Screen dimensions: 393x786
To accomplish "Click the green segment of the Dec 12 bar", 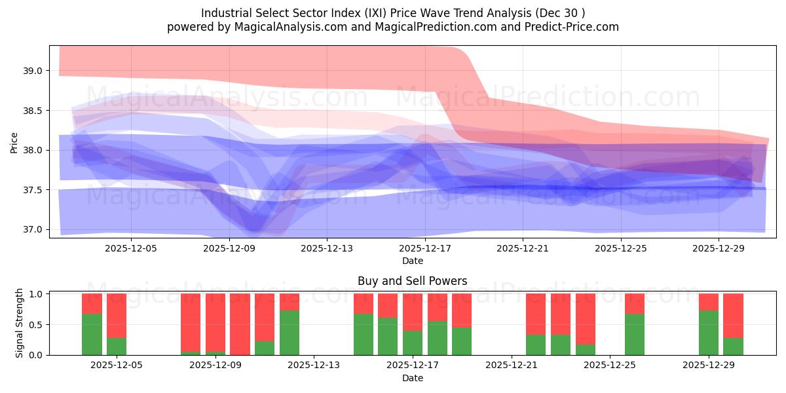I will pyautogui.click(x=290, y=333).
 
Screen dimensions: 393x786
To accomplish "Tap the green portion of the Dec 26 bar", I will pyautogui.click(x=635, y=334).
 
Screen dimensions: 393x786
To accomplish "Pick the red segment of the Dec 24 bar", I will pyautogui.click(x=586, y=318).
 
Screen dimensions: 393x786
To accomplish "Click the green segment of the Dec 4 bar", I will pyautogui.click(x=92, y=334).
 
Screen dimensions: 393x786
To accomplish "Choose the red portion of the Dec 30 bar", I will pyautogui.click(x=733, y=315).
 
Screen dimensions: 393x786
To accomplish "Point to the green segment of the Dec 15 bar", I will pyautogui.click(x=364, y=334).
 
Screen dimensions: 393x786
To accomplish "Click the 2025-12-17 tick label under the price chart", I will pyautogui.click(x=425, y=249).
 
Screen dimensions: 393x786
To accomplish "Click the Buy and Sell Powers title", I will pyautogui.click(x=412, y=281).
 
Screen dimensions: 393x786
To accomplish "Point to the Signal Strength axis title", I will pyautogui.click(x=20, y=323).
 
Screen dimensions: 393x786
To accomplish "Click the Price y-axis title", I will pyautogui.click(x=14, y=142).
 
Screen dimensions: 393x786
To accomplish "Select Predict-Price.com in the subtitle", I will pyautogui.click(x=576, y=27).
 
